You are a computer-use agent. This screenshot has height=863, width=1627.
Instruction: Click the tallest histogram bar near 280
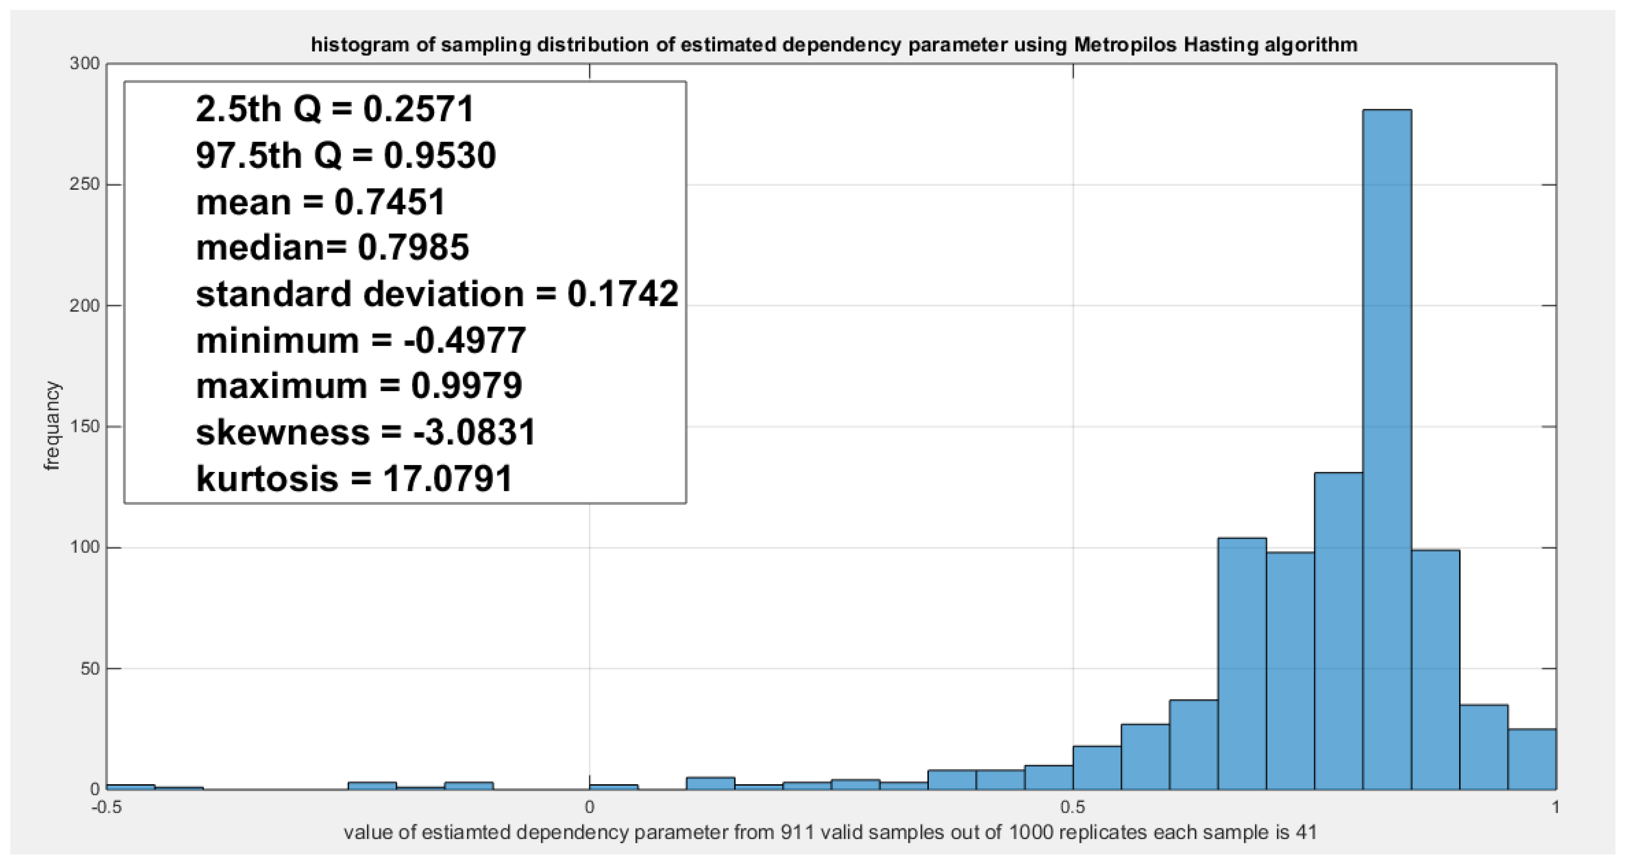(x=1387, y=449)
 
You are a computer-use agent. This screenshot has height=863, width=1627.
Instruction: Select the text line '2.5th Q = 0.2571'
(x=335, y=109)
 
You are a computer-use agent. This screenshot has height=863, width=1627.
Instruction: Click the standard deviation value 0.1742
(x=622, y=294)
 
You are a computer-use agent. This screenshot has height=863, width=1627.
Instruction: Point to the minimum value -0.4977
(x=464, y=341)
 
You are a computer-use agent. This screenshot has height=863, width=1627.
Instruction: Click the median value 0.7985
(x=413, y=248)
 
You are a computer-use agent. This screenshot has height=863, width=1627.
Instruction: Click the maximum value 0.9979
(x=466, y=386)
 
